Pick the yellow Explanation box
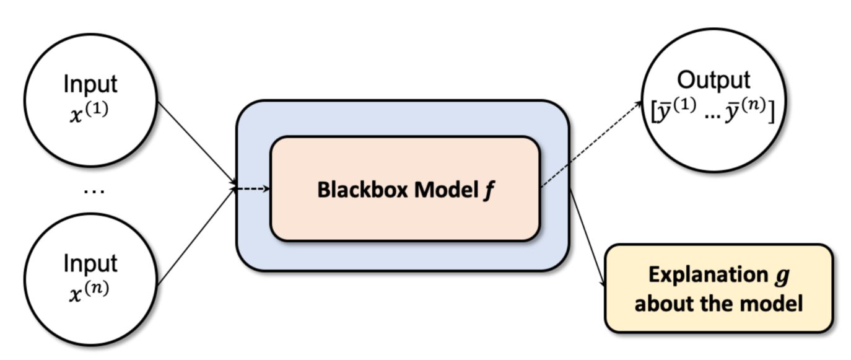tap(718, 288)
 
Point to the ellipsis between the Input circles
tap(94, 190)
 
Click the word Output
tap(714, 81)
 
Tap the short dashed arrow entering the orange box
tap(254, 188)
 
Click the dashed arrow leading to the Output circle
tap(591, 144)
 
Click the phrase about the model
tap(718, 304)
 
